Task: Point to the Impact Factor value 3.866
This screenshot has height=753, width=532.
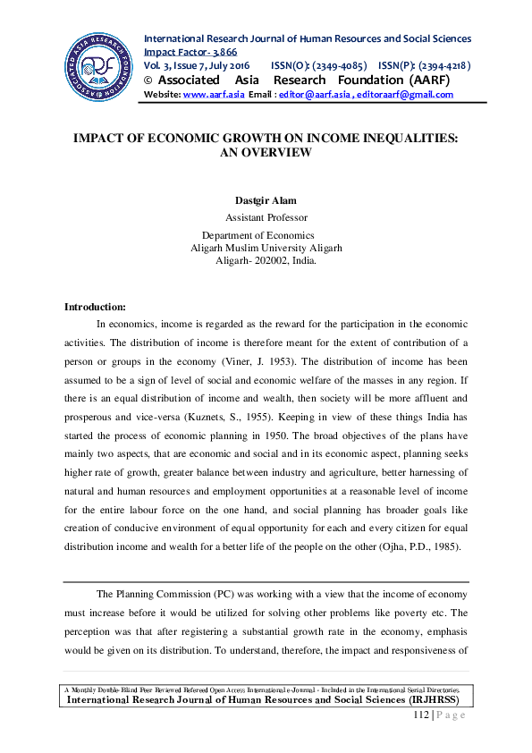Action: pyautogui.click(x=216, y=53)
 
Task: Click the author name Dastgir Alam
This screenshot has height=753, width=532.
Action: pyautogui.click(x=266, y=201)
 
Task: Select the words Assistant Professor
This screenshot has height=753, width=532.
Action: pyautogui.click(x=266, y=217)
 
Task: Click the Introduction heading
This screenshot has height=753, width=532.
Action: pyautogui.click(x=95, y=307)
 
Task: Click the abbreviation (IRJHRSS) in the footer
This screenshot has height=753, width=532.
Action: pyautogui.click(x=430, y=700)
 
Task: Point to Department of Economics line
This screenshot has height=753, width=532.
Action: pyautogui.click(x=266, y=235)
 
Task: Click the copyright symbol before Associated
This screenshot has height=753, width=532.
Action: pyautogui.click(x=148, y=80)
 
